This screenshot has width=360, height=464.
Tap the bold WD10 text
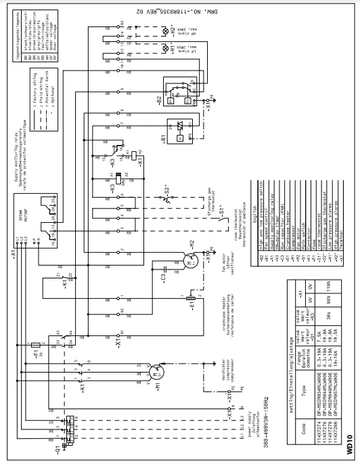348,444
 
